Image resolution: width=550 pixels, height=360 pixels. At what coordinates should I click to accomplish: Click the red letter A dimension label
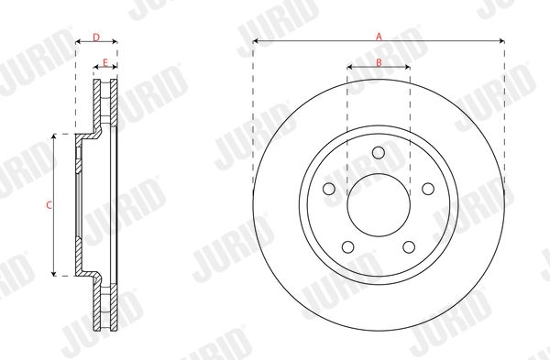pos(379,36)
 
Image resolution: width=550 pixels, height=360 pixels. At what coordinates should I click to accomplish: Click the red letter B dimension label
pos(379,62)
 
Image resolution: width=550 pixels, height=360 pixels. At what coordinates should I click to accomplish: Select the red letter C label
pos(49,205)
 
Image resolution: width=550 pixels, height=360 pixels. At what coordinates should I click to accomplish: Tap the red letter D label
pos(96,38)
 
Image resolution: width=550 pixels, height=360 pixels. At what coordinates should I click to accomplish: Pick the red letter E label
pos(104,62)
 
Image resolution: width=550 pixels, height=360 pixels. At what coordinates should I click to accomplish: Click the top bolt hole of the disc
pos(379,152)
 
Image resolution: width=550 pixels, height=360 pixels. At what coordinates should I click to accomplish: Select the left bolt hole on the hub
pos(329,189)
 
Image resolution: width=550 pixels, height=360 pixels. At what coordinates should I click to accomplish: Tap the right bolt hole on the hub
pos(428,189)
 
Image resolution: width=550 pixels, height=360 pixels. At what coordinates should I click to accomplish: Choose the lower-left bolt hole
pos(348,246)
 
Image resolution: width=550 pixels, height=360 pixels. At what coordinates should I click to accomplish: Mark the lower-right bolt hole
pos(409,246)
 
